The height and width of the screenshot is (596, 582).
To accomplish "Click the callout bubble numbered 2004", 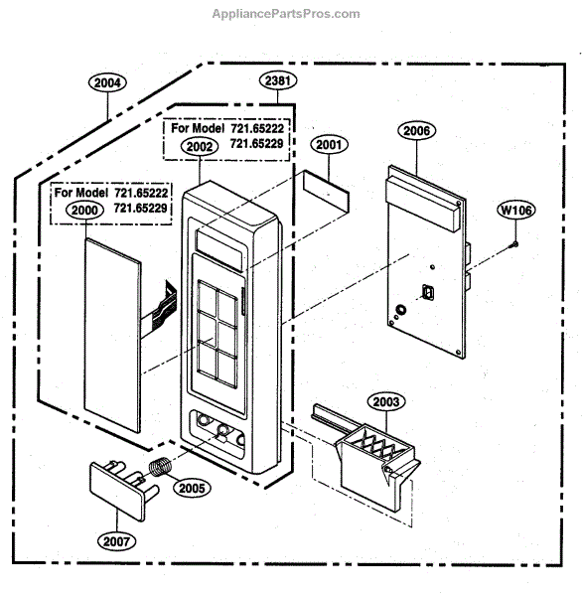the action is [x=107, y=82].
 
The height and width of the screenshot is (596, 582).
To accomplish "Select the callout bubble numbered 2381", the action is [x=278, y=80].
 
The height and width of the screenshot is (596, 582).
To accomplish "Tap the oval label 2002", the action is [x=200, y=146].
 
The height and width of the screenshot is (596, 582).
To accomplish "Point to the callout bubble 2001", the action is [x=329, y=144].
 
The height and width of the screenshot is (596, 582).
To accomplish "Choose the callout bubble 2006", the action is [x=417, y=131].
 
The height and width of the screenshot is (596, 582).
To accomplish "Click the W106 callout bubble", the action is [x=515, y=210].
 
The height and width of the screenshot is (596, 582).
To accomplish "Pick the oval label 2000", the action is [x=84, y=211].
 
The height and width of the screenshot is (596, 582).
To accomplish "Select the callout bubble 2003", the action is [x=386, y=401].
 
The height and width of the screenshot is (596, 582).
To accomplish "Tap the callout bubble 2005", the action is [x=192, y=488].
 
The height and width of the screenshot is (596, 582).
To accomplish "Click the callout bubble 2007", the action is [x=117, y=541].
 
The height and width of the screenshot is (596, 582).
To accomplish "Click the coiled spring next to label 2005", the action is [x=159, y=467].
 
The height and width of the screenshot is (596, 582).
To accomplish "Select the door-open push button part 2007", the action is [x=123, y=490].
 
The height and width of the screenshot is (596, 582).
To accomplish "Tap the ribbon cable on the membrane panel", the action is [x=160, y=306].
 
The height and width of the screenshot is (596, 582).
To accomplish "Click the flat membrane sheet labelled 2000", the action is [x=112, y=336].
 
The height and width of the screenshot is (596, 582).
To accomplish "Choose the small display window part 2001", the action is [x=326, y=192].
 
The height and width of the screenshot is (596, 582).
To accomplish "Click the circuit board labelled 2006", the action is [x=428, y=262].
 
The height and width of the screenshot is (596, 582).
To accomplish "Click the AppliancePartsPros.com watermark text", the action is [x=286, y=14].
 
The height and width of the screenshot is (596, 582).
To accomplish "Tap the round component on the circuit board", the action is [x=401, y=310].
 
